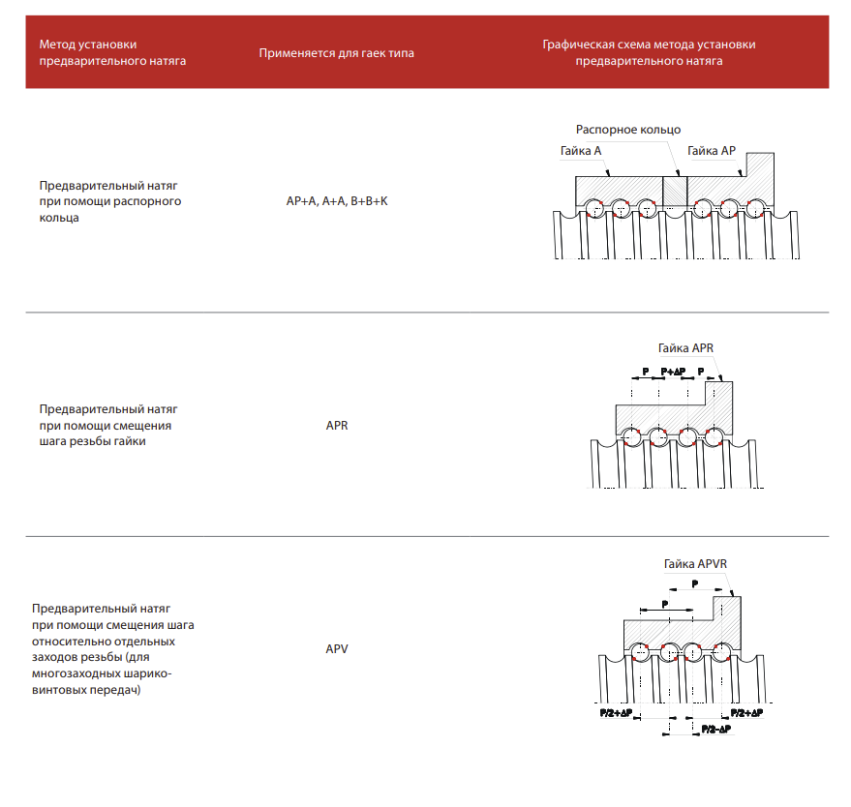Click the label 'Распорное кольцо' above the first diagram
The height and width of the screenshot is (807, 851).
(x=628, y=130)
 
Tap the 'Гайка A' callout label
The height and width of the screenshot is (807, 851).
(x=581, y=151)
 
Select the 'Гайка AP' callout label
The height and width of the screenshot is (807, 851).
(x=712, y=150)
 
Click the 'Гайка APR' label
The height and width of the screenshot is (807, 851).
(x=684, y=348)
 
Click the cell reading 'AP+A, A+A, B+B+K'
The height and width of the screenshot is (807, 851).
(x=336, y=201)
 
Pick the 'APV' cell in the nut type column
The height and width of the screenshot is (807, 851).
(x=336, y=649)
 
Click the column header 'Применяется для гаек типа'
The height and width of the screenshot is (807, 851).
(x=336, y=53)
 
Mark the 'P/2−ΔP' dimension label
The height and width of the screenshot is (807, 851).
(x=715, y=728)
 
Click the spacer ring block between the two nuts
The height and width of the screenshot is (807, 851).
(x=674, y=189)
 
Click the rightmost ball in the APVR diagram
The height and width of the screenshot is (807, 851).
(x=719, y=650)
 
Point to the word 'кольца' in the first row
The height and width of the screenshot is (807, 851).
(x=60, y=218)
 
